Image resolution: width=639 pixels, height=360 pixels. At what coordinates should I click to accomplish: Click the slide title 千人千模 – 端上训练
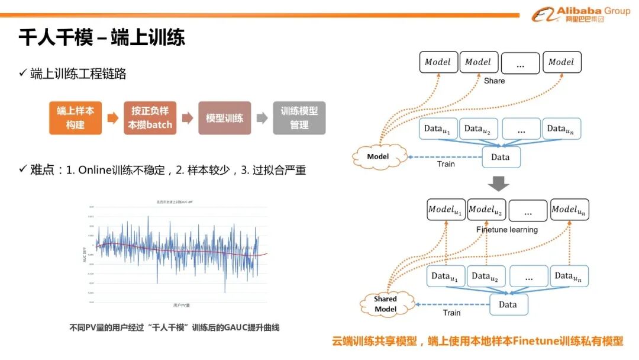click(x=102, y=37)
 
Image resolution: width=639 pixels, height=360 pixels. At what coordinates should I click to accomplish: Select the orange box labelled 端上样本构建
click(x=75, y=118)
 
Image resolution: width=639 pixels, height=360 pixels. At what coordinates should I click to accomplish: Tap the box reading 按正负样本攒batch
click(x=150, y=118)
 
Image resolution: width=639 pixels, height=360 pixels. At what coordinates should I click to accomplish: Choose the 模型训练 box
click(x=224, y=118)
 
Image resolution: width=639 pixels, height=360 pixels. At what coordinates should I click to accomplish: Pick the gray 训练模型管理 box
click(x=299, y=118)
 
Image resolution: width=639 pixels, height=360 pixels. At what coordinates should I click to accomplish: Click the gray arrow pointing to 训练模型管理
click(x=262, y=118)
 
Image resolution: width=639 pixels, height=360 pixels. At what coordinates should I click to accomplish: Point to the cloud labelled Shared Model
click(x=385, y=304)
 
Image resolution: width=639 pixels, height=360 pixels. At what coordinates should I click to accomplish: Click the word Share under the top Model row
click(x=494, y=81)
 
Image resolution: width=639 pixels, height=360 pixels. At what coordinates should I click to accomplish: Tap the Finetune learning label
click(x=507, y=229)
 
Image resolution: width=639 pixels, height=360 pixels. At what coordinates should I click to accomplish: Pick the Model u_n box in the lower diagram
click(x=570, y=210)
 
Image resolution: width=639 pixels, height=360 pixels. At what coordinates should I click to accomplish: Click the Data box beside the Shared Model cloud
click(x=508, y=304)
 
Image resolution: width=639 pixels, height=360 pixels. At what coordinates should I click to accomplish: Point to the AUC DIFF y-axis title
click(x=83, y=255)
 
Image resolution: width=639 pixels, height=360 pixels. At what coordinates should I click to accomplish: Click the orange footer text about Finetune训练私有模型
click(x=477, y=341)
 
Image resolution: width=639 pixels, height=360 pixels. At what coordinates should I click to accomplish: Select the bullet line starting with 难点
click(x=162, y=170)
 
